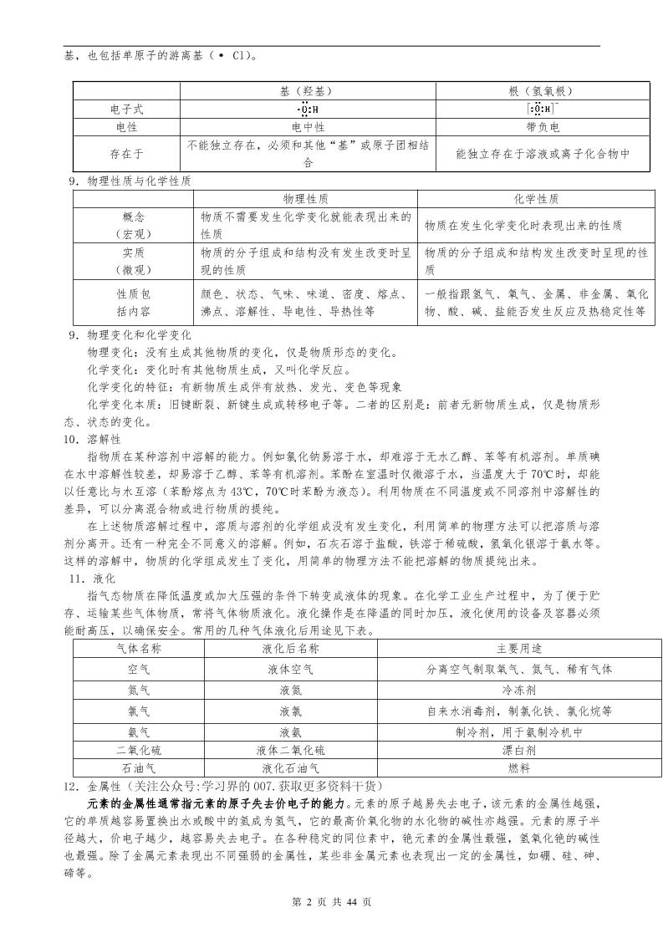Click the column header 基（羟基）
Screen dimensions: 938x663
(308, 91)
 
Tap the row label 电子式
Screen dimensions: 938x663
(127, 110)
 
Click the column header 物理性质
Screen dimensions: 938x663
(305, 200)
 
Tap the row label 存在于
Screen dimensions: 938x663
(127, 154)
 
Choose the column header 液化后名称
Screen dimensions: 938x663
(290, 648)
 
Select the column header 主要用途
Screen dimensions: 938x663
(519, 648)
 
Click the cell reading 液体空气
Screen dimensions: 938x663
(290, 669)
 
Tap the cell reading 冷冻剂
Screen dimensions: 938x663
(519, 690)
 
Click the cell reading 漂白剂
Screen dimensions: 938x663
(519, 750)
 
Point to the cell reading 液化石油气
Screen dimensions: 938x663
(290, 767)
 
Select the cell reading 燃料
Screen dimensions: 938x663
(519, 767)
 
